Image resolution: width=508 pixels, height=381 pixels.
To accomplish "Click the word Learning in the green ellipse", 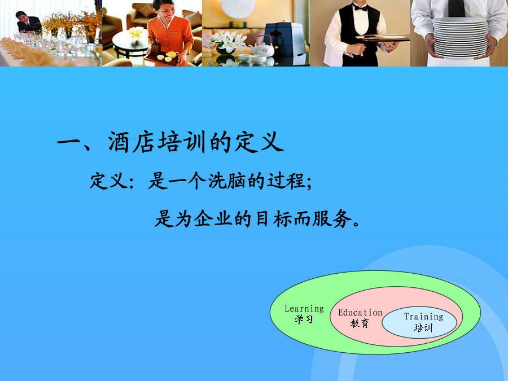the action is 304,309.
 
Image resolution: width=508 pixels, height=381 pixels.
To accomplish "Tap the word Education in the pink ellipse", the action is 360,313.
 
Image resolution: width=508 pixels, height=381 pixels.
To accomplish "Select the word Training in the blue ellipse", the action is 424,317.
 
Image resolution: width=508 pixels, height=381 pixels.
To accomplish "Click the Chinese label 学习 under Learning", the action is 304,319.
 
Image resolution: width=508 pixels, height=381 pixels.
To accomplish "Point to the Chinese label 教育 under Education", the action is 360,323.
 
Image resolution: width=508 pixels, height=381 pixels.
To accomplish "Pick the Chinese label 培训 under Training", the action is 423,328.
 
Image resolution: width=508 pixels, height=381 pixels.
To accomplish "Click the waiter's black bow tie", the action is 360,7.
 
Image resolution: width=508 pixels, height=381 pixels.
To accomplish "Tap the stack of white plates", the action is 460,38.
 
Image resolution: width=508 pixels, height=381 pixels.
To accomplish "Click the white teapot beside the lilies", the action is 262,48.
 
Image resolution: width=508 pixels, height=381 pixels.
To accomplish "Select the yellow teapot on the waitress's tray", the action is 172,54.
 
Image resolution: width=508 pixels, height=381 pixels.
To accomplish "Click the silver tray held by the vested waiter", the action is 382,38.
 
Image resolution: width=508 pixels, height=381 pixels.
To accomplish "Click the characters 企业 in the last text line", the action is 213,218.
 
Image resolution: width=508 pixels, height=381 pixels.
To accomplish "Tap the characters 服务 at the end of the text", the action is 332,218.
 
